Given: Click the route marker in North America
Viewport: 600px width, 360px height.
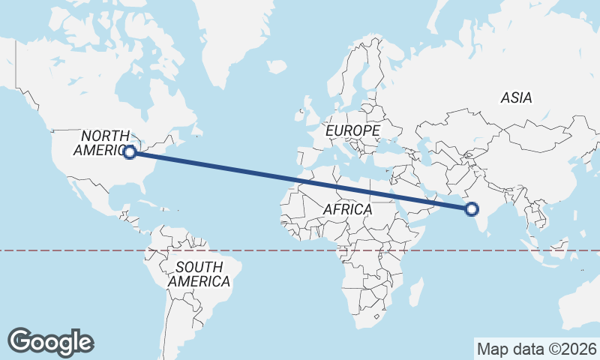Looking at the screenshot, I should (x=130, y=152).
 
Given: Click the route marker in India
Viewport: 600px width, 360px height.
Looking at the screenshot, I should (x=472, y=209).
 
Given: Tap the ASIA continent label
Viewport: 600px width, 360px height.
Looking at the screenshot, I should (x=516, y=97).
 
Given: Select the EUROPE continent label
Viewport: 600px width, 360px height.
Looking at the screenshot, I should (x=352, y=130).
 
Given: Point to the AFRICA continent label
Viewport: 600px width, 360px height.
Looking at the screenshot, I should (x=348, y=209).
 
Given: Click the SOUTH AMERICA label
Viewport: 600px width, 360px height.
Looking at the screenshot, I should (x=199, y=274).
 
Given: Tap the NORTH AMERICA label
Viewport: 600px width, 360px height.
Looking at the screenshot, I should (x=103, y=142).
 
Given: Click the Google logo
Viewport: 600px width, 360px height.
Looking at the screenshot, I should (x=51, y=341).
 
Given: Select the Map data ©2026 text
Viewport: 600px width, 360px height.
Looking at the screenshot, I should (x=537, y=349).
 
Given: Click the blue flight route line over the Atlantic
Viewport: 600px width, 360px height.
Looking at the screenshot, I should (x=247, y=170).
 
